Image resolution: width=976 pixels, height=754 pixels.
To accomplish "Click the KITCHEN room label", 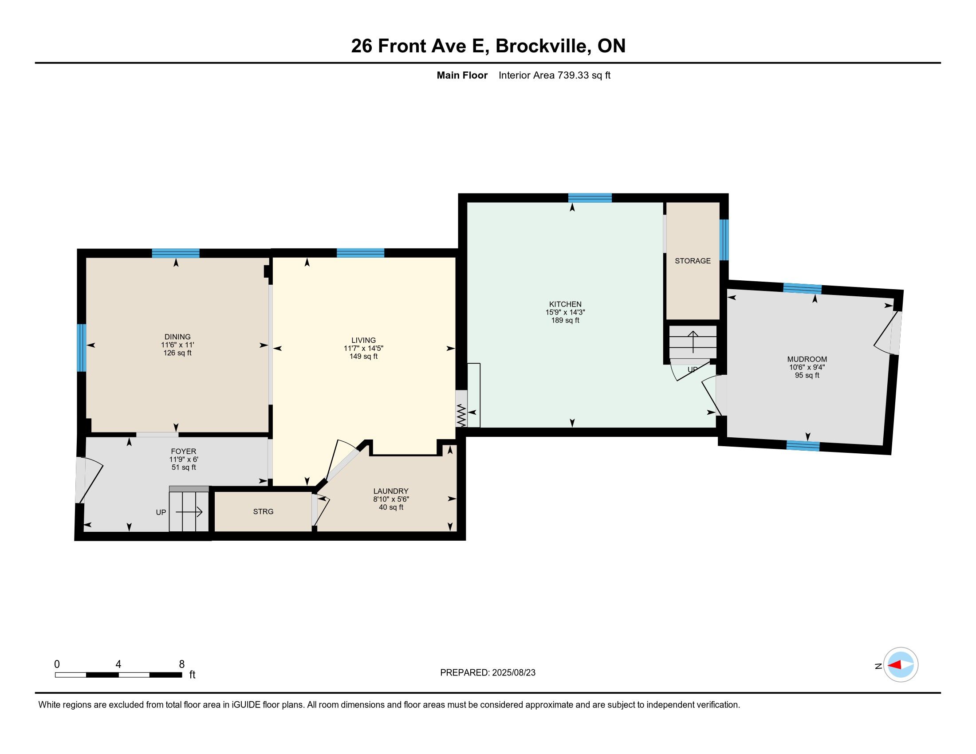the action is point(565,304).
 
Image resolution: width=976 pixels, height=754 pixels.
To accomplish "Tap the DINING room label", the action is point(177,337).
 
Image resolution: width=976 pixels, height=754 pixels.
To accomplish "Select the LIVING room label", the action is point(363,340).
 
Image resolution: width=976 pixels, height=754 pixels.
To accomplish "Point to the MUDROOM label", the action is point(807,359).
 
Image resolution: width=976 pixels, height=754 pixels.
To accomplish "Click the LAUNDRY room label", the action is point(391,491).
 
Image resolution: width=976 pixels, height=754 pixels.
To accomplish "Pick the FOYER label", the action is point(183,452).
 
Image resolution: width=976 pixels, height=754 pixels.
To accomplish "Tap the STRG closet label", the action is point(263,511).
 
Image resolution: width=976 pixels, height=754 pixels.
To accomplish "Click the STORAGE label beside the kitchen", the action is point(693,261).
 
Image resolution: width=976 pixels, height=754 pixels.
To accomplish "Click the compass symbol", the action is point(901,665).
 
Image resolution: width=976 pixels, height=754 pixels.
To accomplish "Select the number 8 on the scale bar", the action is point(181,664).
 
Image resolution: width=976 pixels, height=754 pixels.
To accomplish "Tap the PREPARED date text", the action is point(488,673).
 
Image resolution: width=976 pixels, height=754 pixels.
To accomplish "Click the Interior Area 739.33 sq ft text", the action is point(554,75).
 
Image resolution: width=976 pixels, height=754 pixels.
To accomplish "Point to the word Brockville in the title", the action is point(542,46).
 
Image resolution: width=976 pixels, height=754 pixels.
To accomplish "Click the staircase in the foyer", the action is point(189,509).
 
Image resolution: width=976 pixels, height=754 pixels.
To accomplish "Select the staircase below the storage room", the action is point(693,342).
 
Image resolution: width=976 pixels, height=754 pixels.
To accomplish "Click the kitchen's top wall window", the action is point(590,198).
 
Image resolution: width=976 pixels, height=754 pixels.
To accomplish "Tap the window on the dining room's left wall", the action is point(81,348).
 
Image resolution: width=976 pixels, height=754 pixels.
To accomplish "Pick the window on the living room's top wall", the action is point(360,253).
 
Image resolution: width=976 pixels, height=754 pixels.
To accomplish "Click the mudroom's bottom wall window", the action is point(803,446).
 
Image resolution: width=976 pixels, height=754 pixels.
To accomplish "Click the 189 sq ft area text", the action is point(565,320).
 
